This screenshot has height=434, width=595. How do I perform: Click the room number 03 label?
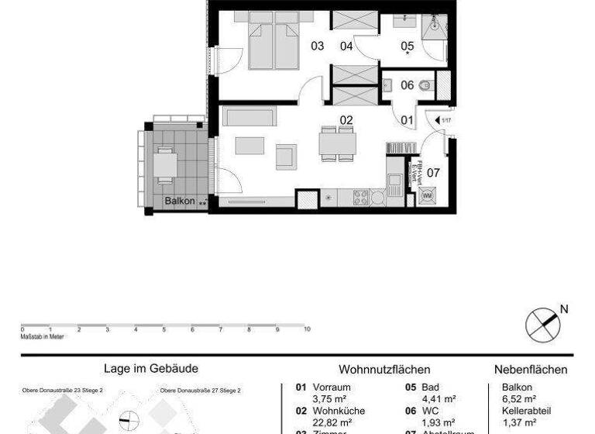[x=317, y=46]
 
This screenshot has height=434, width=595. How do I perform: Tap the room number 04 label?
[x=346, y=46]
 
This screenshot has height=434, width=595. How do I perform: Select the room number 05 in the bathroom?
[x=407, y=46]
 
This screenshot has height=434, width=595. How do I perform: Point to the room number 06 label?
[x=407, y=85]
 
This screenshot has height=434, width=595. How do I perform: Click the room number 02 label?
[x=346, y=120]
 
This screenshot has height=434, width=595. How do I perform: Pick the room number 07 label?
[x=433, y=173]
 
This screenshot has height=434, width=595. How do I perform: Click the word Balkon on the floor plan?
[x=178, y=201]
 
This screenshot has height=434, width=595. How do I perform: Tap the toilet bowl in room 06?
[x=425, y=86]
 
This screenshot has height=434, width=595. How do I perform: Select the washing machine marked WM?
[x=426, y=197]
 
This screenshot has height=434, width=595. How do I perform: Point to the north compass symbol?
[x=542, y=324]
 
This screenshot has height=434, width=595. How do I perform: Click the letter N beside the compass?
[x=564, y=309]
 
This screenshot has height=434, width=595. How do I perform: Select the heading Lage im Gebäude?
[x=151, y=370]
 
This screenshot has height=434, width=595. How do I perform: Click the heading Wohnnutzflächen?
[x=384, y=370]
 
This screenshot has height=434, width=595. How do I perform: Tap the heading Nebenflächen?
[x=531, y=370]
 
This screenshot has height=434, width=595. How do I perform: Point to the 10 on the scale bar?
[x=307, y=329]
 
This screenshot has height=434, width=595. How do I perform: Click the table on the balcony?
[x=165, y=164]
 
